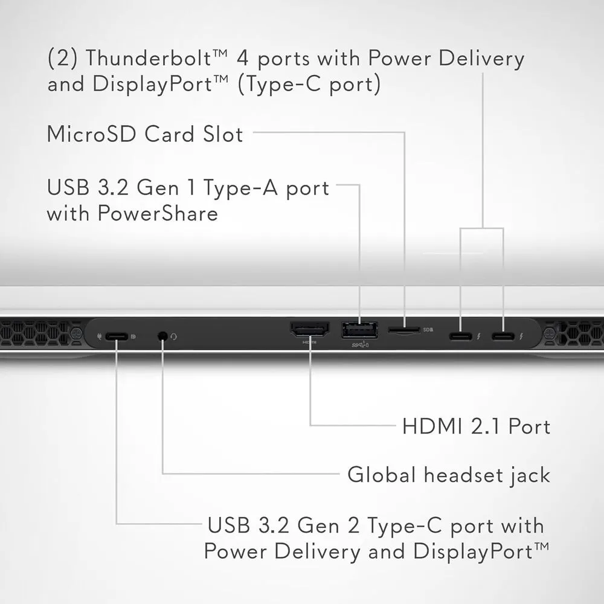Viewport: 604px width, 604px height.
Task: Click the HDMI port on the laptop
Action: click(x=309, y=330)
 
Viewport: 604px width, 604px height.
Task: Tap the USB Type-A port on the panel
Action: click(x=359, y=330)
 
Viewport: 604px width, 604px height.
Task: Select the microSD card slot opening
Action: click(x=403, y=330)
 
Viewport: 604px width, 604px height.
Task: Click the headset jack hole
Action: click(x=163, y=336)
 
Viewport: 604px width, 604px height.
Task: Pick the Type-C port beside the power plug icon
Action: click(x=117, y=336)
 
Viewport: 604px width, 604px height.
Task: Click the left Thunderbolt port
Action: click(x=460, y=336)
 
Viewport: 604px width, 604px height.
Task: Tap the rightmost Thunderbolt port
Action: click(x=503, y=336)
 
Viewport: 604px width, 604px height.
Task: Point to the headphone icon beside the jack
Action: click(x=174, y=336)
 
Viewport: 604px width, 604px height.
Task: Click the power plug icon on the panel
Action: click(x=99, y=336)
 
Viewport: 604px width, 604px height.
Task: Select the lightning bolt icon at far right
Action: click(x=521, y=336)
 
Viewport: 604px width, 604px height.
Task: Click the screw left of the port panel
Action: click(x=76, y=332)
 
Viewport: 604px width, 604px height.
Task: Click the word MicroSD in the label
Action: click(x=92, y=134)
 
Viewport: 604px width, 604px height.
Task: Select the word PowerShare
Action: click(x=158, y=213)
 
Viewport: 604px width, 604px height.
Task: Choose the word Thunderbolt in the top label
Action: click(x=149, y=58)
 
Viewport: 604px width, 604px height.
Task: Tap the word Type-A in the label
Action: click(x=240, y=188)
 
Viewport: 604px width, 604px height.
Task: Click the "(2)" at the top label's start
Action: click(x=63, y=58)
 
